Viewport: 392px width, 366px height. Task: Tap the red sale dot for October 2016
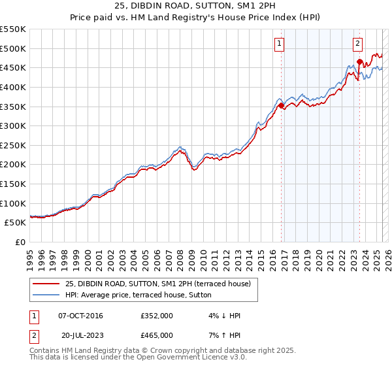click(x=281, y=105)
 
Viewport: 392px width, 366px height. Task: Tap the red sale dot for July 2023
click(x=359, y=62)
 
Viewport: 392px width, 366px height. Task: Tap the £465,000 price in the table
click(x=156, y=335)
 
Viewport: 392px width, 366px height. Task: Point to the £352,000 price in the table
click(x=156, y=316)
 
